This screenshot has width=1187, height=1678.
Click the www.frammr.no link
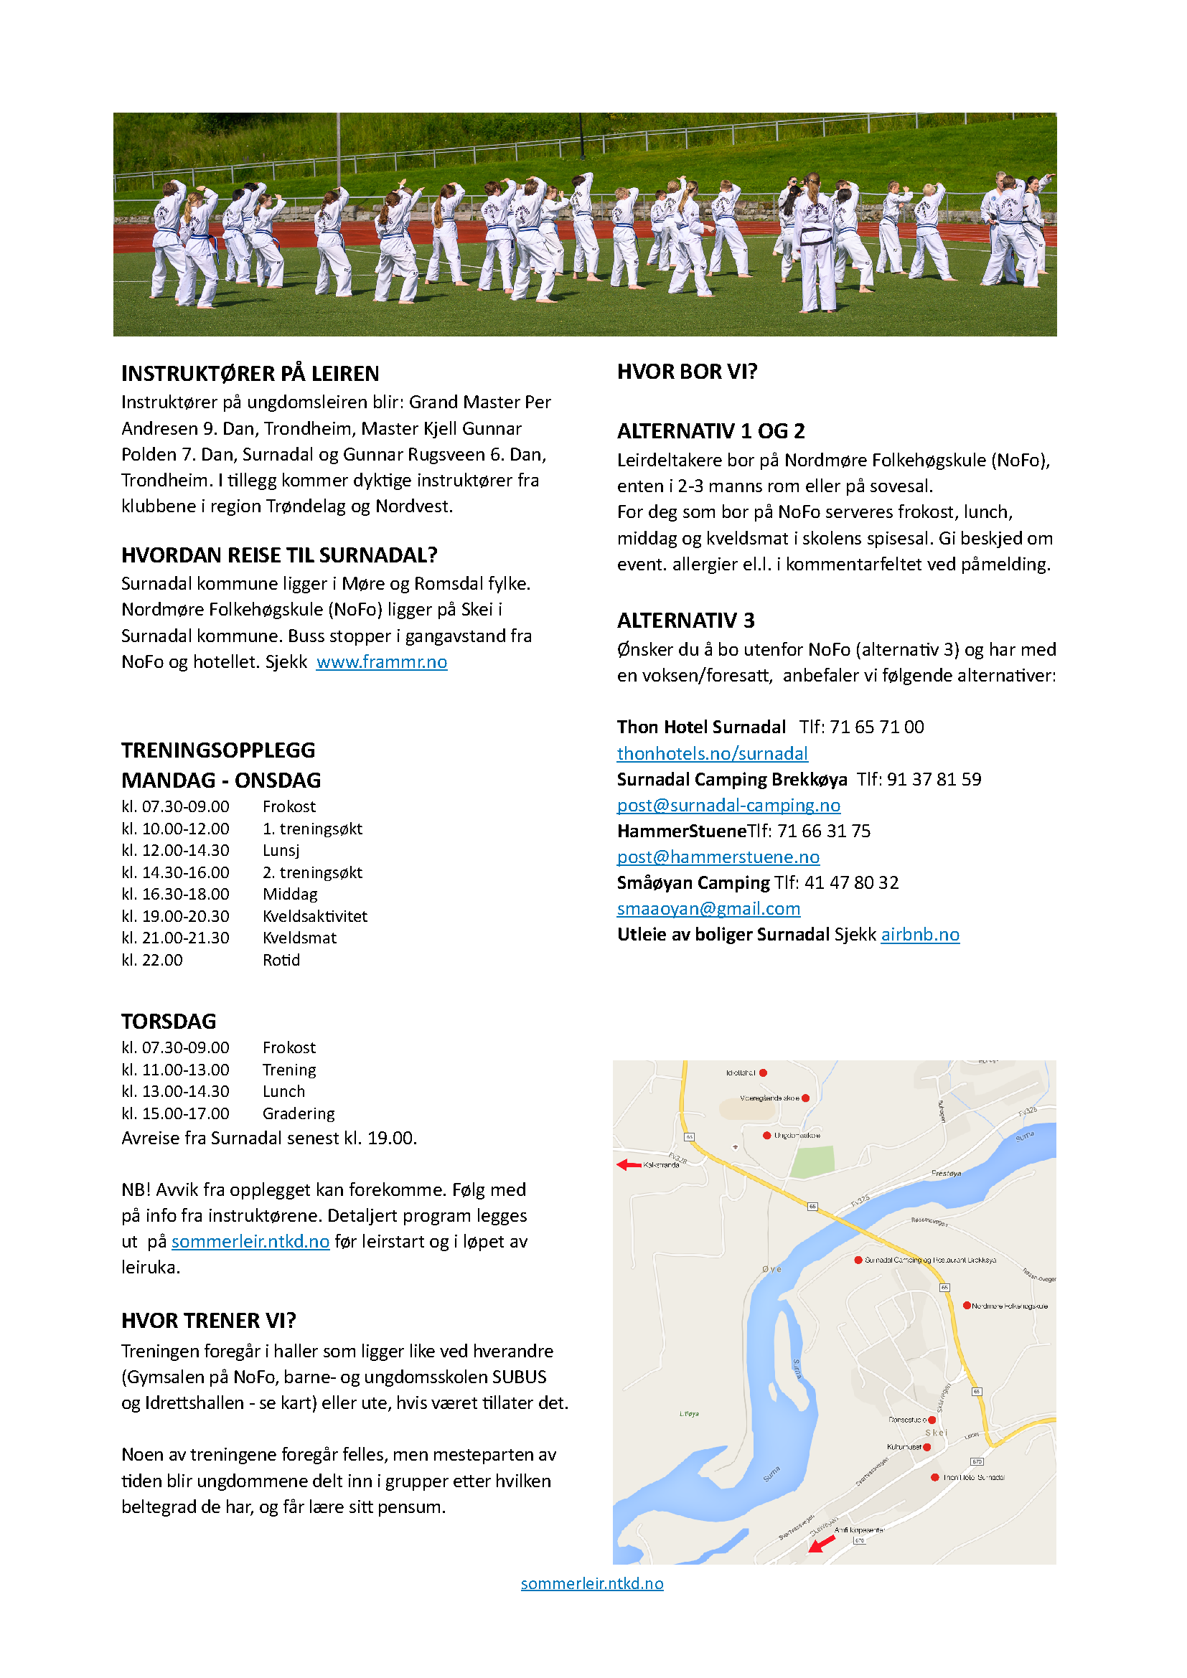(x=382, y=662)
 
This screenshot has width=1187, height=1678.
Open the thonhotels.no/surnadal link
(x=712, y=753)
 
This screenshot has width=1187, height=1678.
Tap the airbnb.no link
(x=919, y=935)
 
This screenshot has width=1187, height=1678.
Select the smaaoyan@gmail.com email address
(x=708, y=908)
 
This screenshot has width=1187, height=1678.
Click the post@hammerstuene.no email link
(x=718, y=857)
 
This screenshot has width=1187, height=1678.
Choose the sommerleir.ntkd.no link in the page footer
(x=592, y=1583)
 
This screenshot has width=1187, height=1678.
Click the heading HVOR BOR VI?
(x=687, y=372)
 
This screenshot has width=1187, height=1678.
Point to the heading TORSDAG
(x=169, y=1021)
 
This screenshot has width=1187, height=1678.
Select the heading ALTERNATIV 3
(x=685, y=621)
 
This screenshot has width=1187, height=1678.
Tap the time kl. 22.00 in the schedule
(x=152, y=961)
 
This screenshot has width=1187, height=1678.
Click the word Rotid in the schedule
(x=281, y=961)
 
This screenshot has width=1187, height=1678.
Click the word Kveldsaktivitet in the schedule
(x=315, y=916)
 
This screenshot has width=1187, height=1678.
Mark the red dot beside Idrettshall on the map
(x=763, y=1073)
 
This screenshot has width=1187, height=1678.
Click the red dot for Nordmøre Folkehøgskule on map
(x=966, y=1305)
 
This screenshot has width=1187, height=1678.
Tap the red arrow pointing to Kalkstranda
(x=629, y=1164)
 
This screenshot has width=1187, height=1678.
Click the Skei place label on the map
(x=937, y=1433)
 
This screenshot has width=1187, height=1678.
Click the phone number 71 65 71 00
(x=876, y=727)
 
